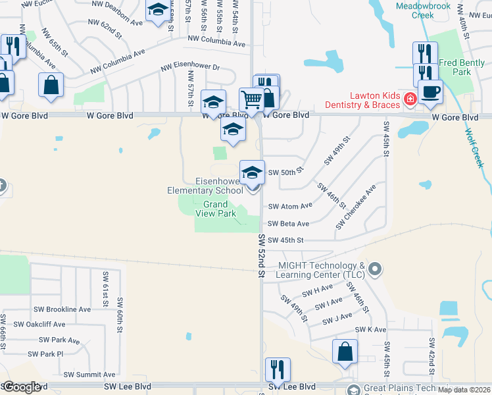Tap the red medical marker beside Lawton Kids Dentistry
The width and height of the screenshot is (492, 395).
click(410, 99)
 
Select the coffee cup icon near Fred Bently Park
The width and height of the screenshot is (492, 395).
click(431, 92)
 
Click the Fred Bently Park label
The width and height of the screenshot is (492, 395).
click(455, 67)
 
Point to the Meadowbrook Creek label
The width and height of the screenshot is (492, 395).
click(423, 10)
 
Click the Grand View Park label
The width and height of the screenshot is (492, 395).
click(216, 209)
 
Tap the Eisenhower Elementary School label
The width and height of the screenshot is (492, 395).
click(205, 186)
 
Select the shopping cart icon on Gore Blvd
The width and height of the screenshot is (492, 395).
click(251, 100)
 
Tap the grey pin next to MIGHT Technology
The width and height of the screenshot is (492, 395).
click(375, 268)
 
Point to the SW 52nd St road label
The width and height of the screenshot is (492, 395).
click(261, 255)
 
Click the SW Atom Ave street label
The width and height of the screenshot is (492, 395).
click(290, 206)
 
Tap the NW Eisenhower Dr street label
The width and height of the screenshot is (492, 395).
click(191, 67)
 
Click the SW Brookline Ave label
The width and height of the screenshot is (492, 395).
click(62, 309)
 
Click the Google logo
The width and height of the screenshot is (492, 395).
click(21, 387)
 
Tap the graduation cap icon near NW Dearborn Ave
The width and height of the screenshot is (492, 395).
click(157, 11)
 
